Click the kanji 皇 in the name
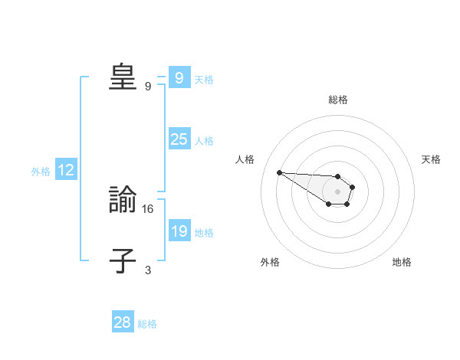pyautogui.click(x=123, y=77)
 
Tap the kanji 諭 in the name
pyautogui.click(x=123, y=201)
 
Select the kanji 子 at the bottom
pyautogui.click(x=123, y=261)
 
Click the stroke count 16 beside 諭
pyautogui.click(x=149, y=208)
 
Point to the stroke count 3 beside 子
pyautogui.click(x=148, y=270)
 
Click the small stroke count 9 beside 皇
pyautogui.click(x=148, y=86)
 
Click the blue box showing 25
pyautogui.click(x=179, y=139)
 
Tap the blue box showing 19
pyautogui.click(x=179, y=231)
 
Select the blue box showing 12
pyautogui.click(x=66, y=171)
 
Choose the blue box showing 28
pyautogui.click(x=122, y=322)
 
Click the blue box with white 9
pyautogui.click(x=179, y=78)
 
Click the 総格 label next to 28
pyautogui.click(x=147, y=324)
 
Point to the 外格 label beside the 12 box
pyautogui.click(x=41, y=172)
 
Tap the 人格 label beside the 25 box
pyautogui.click(x=204, y=141)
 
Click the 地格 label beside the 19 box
pyautogui.click(x=204, y=233)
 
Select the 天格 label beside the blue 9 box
pyautogui.click(x=204, y=80)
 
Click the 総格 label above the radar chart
pyautogui.click(x=338, y=100)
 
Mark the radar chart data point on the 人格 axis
pyautogui.click(x=279, y=172)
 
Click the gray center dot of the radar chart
pyautogui.click(x=338, y=191)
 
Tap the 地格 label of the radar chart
pyautogui.click(x=402, y=262)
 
